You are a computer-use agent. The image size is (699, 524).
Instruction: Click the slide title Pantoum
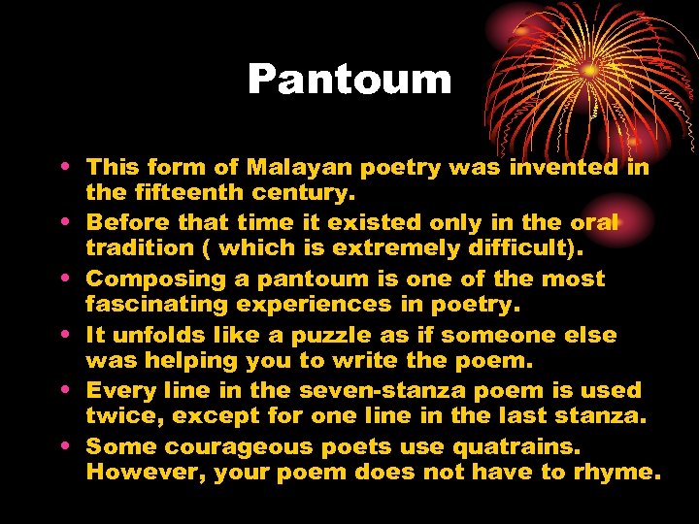[349, 80]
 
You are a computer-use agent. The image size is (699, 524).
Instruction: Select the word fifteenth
[179, 193]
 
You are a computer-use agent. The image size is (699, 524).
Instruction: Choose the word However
[134, 472]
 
